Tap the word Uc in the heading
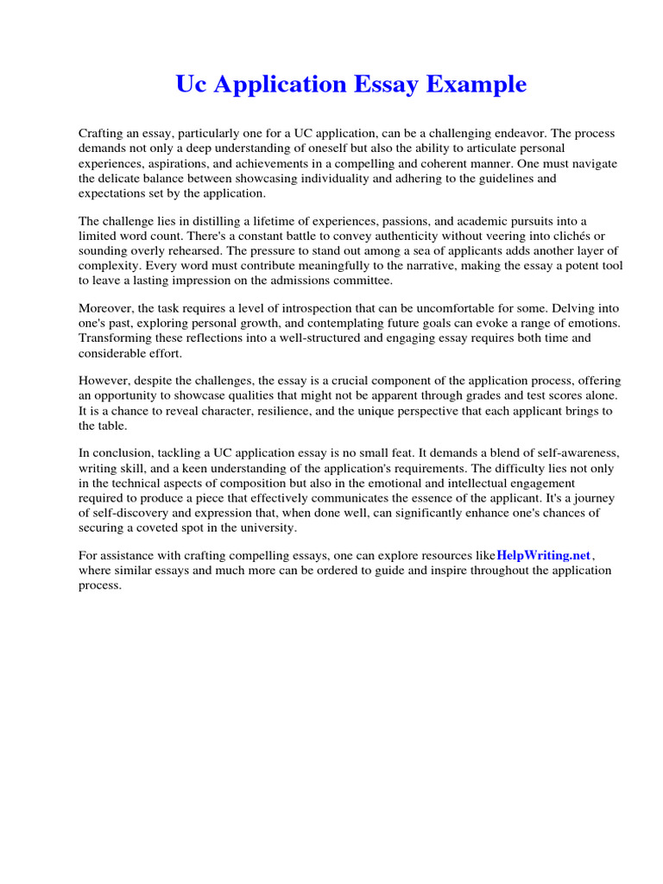192,85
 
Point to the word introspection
322,308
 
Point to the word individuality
375,178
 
